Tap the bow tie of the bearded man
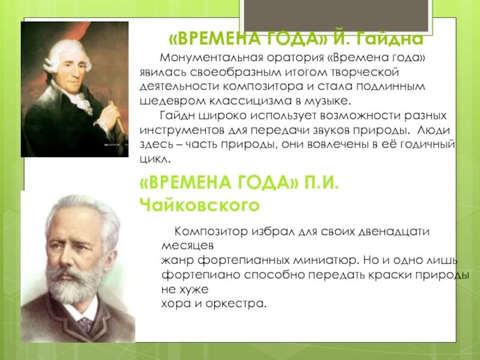tap(85, 325)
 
